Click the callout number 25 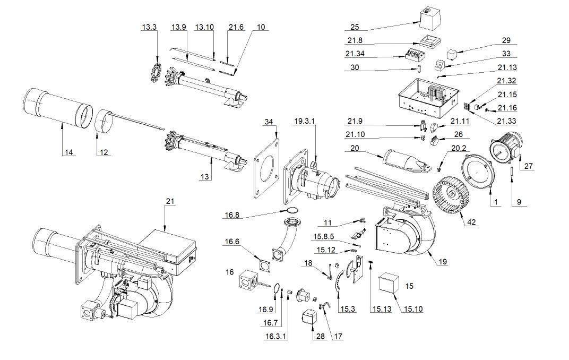356,27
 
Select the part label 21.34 354,54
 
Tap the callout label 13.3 149,27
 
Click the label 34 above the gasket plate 269,122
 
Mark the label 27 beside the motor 528,166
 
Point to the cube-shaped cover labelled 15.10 390,282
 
